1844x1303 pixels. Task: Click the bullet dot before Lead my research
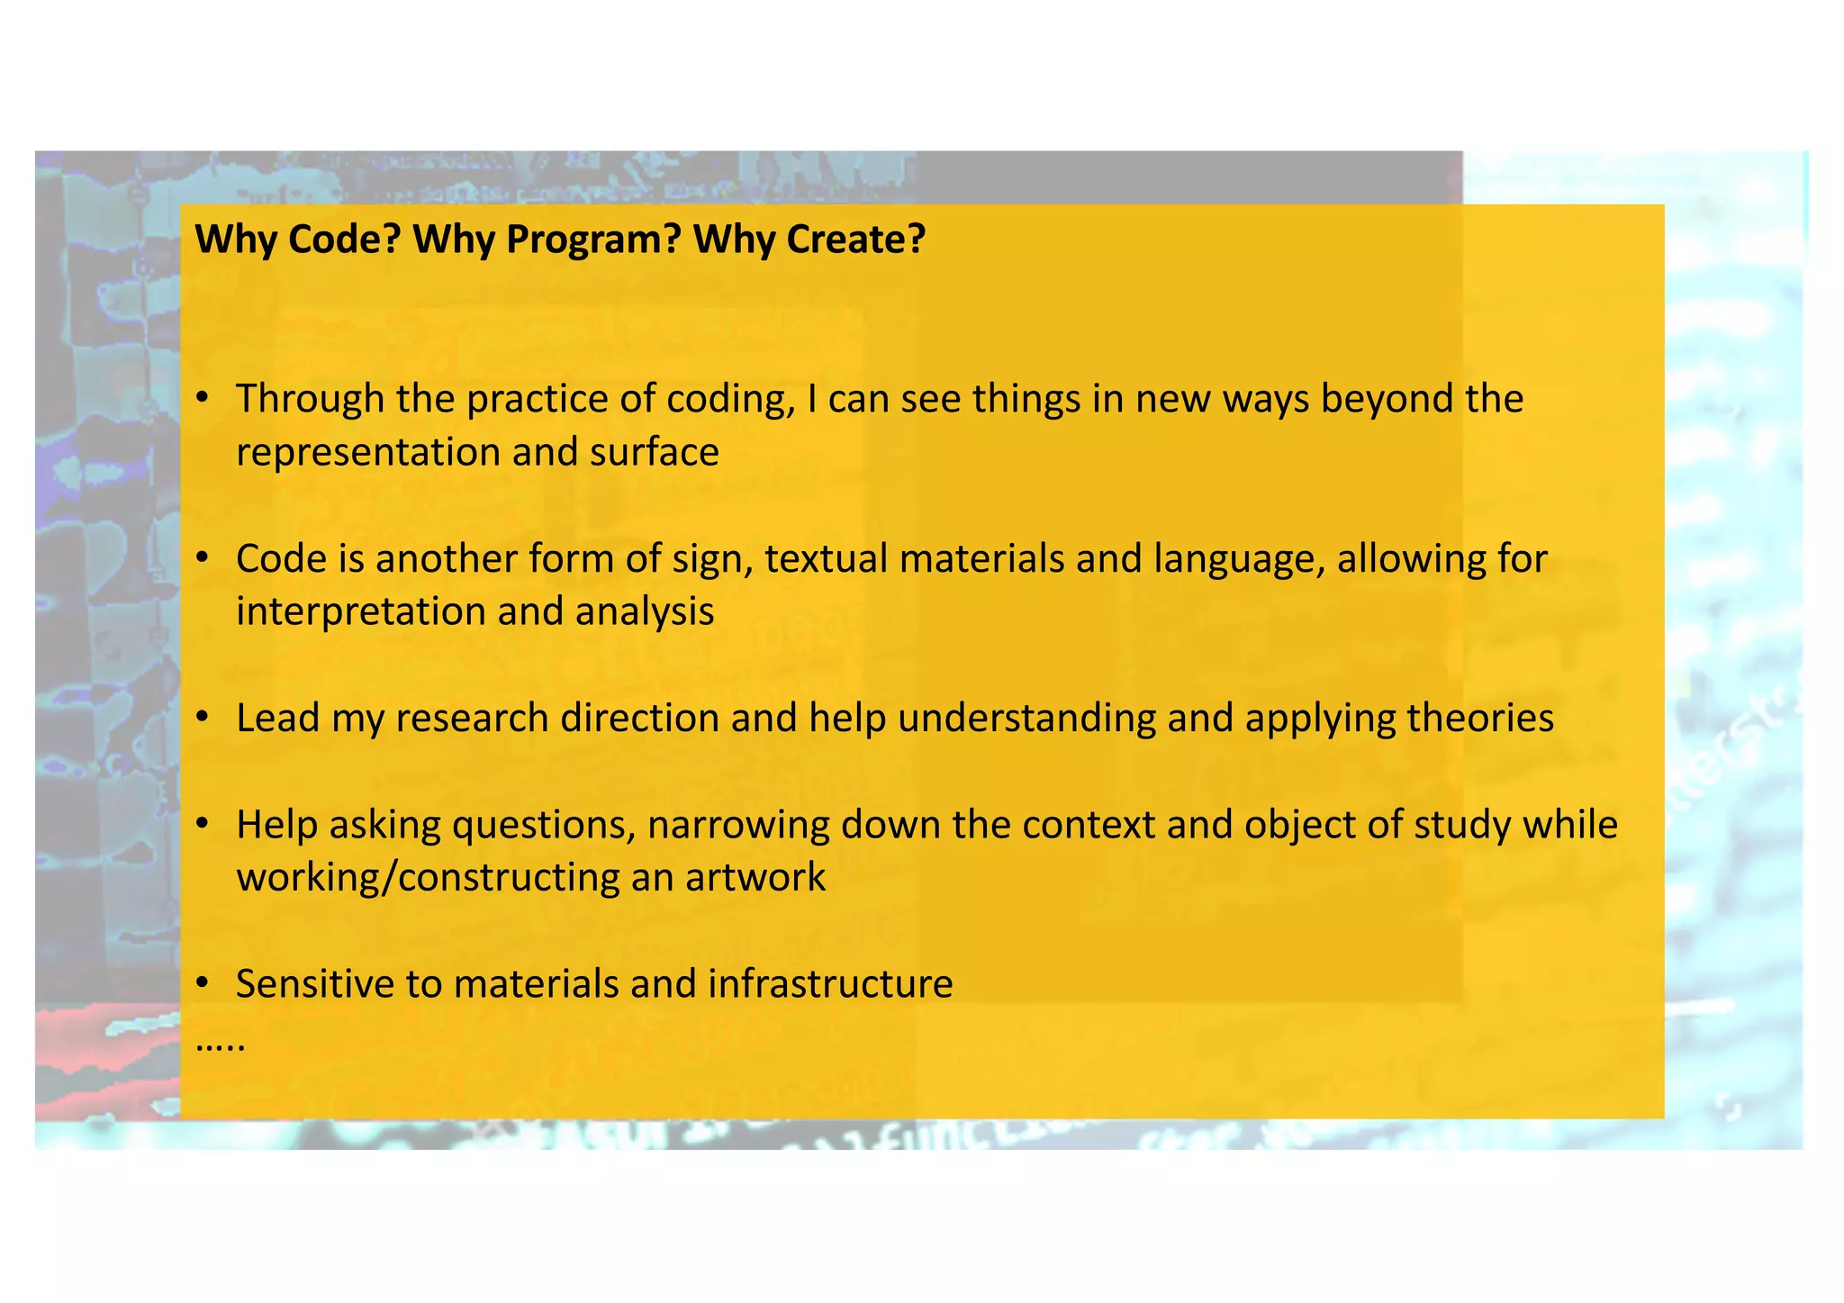click(x=203, y=718)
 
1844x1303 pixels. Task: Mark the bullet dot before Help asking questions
click(x=203, y=824)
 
